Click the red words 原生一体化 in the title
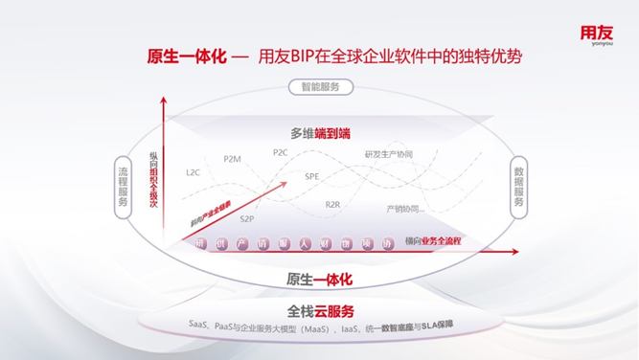[186, 56]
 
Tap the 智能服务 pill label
[320, 87]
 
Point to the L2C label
[194, 172]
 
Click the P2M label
[233, 159]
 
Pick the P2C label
[281, 152]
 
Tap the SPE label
[312, 177]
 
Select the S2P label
[247, 219]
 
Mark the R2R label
[332, 204]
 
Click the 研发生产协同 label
[388, 155]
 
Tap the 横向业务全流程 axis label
[433, 241]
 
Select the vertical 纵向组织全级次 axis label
[153, 180]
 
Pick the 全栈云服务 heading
[321, 311]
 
